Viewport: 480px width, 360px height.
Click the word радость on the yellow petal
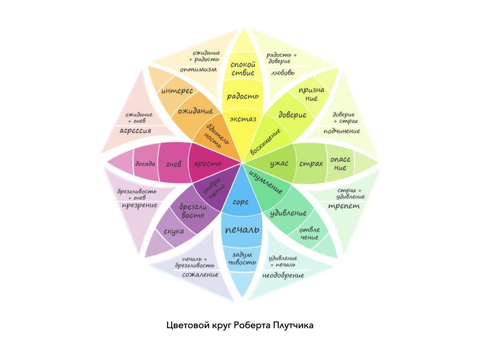[x=243, y=97]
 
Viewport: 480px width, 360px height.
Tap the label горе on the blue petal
[x=241, y=202]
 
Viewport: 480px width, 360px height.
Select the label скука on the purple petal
[x=174, y=231]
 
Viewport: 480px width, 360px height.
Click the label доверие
[x=292, y=114]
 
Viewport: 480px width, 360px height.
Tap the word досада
[x=145, y=163]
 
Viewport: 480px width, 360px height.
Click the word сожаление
[x=200, y=275]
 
